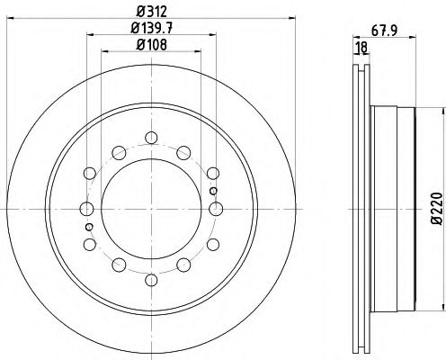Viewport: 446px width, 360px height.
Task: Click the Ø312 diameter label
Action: pos(151,12)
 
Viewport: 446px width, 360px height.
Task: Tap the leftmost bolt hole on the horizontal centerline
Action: pos(86,209)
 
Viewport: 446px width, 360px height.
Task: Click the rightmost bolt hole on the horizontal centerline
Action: pos(216,209)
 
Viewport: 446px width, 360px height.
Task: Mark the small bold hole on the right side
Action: pos(212,191)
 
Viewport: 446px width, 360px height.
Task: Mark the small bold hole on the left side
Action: pos(90,227)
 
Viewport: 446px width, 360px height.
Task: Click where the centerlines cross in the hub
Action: pos(151,209)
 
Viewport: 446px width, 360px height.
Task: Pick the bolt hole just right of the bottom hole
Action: pos(183,265)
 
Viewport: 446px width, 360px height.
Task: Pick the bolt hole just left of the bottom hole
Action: pos(119,265)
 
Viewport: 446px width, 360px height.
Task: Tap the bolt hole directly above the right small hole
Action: pos(212,174)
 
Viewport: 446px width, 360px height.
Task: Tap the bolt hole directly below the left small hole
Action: pos(90,244)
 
